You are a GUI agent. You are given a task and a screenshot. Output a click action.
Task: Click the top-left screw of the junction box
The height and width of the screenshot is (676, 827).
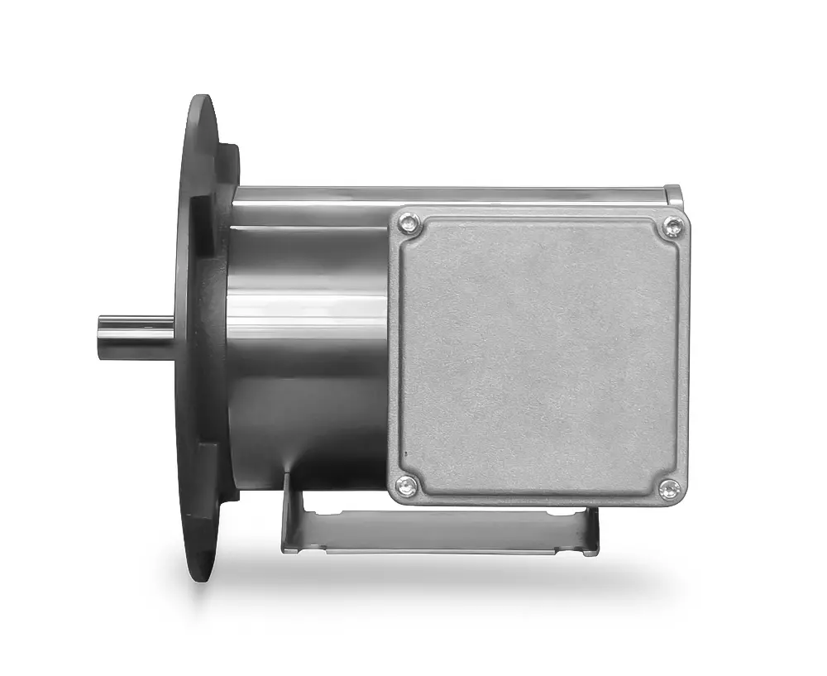(x=406, y=223)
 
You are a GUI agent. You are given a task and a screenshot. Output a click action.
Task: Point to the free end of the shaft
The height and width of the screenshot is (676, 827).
(x=102, y=338)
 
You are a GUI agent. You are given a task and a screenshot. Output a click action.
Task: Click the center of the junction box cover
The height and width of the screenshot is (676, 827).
(x=539, y=356)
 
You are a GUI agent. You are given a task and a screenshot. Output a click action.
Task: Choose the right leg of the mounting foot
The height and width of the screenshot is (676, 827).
(x=590, y=530)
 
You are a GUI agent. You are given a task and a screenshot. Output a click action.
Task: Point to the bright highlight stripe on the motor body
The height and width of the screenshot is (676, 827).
(x=306, y=319)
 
